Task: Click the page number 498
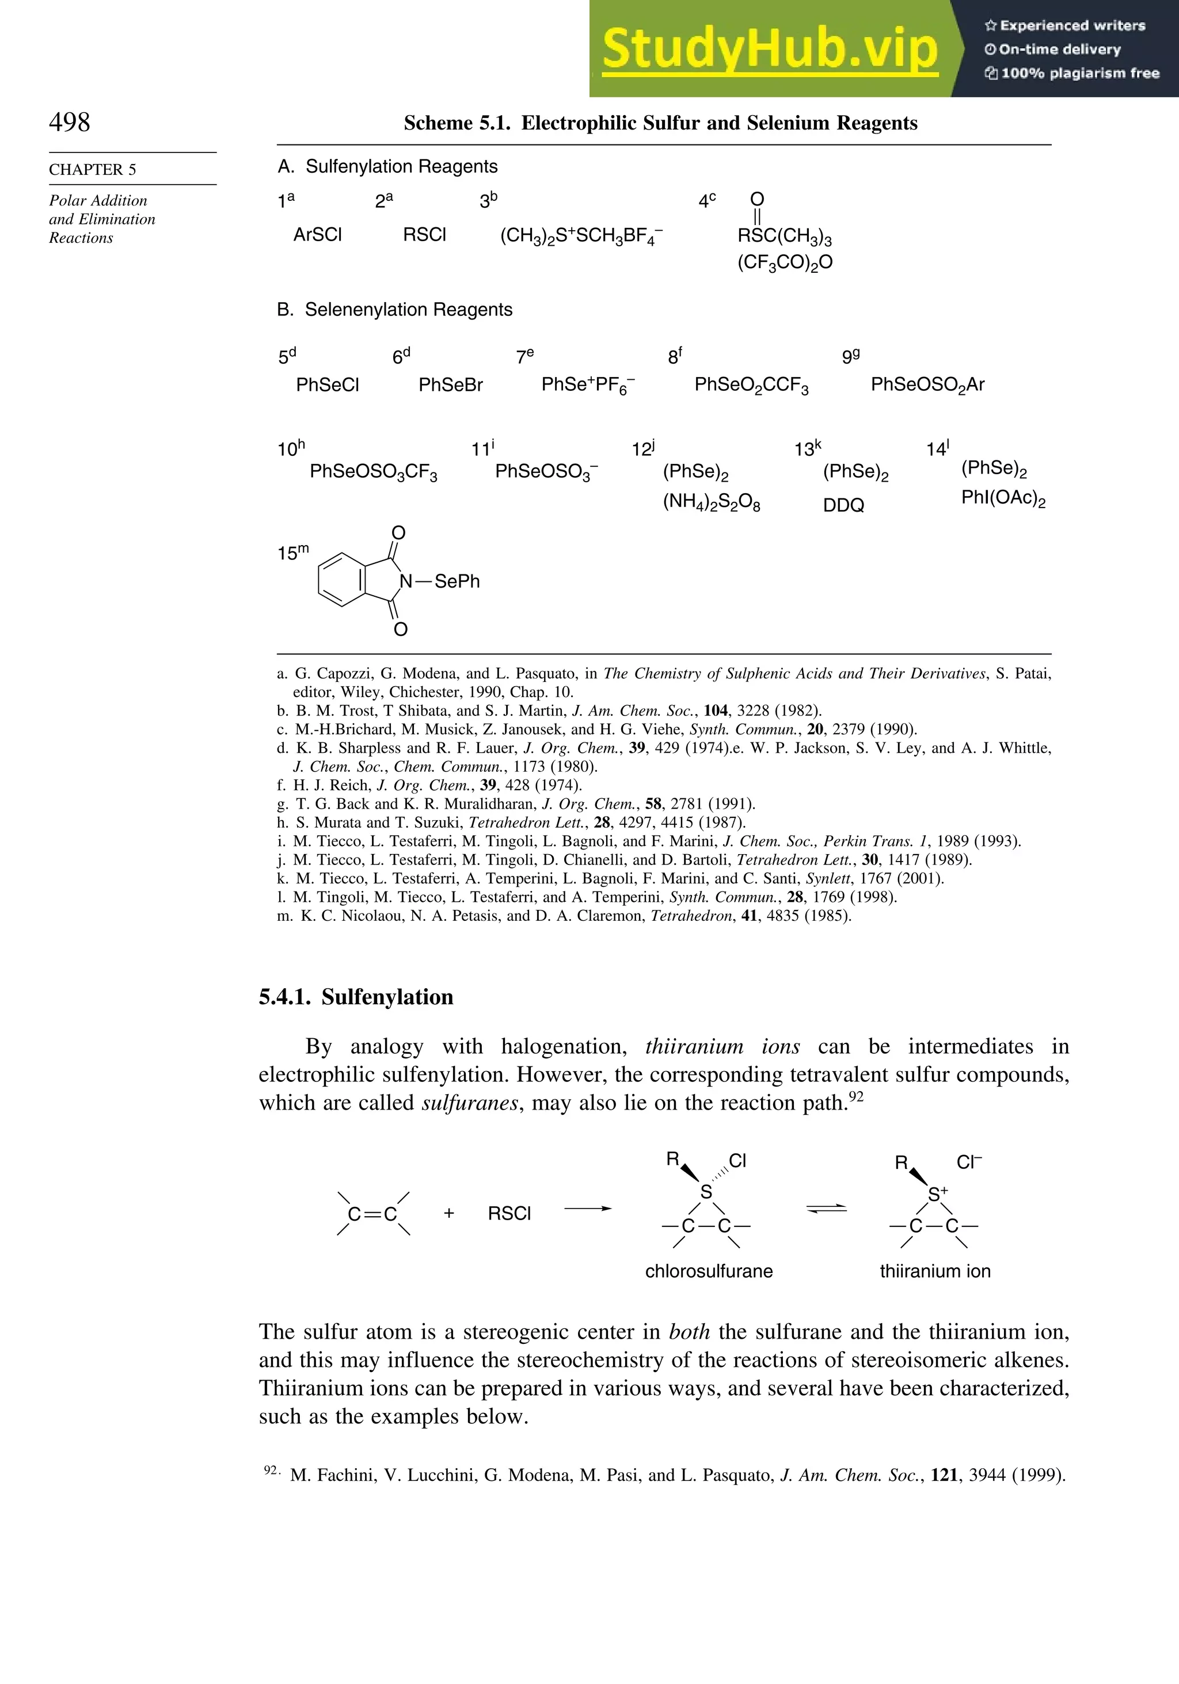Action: (70, 122)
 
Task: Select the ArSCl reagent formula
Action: (318, 235)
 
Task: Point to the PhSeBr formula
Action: (450, 385)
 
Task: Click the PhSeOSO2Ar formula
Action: (927, 385)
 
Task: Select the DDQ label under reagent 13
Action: (844, 505)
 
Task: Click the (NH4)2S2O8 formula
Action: (711, 503)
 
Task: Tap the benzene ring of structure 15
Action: (342, 580)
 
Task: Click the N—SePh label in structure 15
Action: (439, 582)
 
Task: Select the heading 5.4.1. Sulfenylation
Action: (356, 997)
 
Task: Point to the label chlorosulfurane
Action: (709, 1271)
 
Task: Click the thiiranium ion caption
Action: (935, 1271)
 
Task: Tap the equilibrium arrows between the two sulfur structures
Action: (826, 1209)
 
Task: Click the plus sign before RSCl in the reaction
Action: (449, 1214)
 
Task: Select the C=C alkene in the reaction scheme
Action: (372, 1214)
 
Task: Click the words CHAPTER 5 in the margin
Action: (93, 169)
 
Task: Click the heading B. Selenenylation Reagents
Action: (395, 310)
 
